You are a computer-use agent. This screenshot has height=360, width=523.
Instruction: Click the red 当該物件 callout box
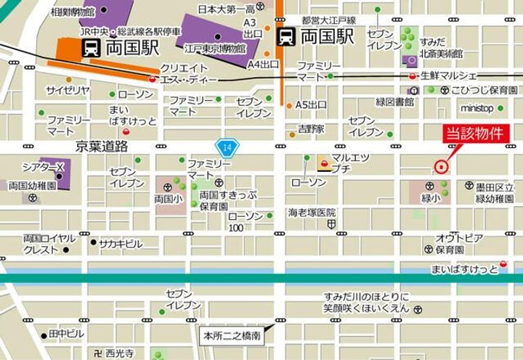pyautogui.click(x=476, y=134)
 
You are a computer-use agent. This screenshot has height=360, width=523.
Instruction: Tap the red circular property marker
pyautogui.click(x=440, y=166)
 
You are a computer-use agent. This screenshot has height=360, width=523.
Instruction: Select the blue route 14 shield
pyautogui.click(x=227, y=147)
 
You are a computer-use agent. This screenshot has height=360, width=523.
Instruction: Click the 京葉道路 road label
pyautogui.click(x=102, y=147)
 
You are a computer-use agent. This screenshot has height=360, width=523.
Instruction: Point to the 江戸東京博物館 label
pyautogui.click(x=215, y=49)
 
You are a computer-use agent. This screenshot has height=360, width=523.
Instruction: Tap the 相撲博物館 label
pyautogui.click(x=73, y=12)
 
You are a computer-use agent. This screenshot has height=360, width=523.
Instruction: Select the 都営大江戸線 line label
pyautogui.click(x=328, y=20)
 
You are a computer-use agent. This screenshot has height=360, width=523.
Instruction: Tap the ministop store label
pyautogui.click(x=477, y=108)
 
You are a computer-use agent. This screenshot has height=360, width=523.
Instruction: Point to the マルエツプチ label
pyautogui.click(x=351, y=163)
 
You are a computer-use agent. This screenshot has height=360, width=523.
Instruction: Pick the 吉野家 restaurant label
pyautogui.click(x=311, y=129)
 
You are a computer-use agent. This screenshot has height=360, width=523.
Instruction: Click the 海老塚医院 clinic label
pyautogui.click(x=312, y=213)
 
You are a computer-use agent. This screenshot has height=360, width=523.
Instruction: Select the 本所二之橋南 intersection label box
pyautogui.click(x=232, y=336)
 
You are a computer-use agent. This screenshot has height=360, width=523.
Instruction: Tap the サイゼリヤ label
pyautogui.click(x=68, y=90)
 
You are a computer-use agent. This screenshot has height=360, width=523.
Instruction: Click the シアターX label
pyautogui.click(x=44, y=167)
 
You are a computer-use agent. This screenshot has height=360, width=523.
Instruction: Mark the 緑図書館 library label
pyautogui.click(x=394, y=102)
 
